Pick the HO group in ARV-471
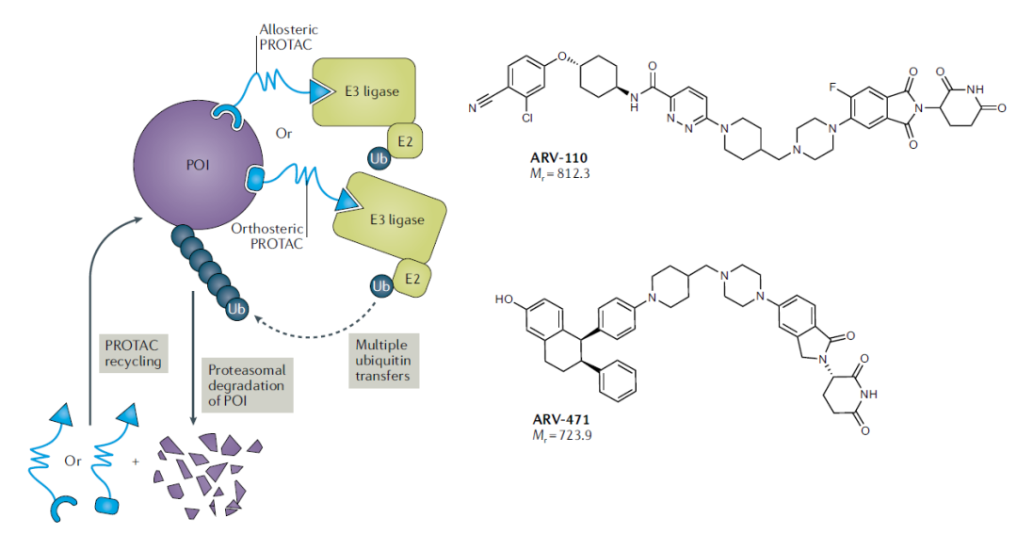(506, 300)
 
